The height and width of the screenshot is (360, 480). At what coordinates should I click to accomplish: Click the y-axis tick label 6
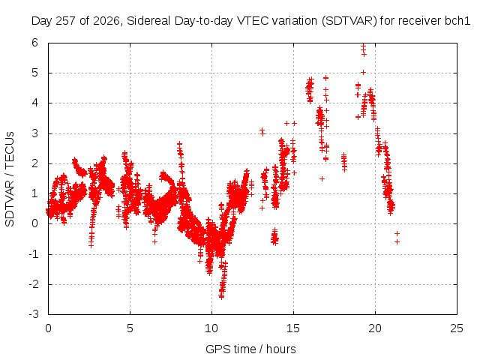(34, 43)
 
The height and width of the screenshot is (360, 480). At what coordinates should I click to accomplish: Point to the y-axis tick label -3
(34, 314)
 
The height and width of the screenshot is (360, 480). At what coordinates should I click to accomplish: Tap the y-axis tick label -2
(34, 284)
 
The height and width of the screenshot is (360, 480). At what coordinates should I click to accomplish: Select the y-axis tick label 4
(34, 103)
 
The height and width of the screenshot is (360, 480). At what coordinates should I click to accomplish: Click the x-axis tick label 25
(457, 328)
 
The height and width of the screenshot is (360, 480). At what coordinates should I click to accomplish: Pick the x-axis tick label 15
(293, 328)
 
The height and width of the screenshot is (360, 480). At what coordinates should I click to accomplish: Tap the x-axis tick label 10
(211, 328)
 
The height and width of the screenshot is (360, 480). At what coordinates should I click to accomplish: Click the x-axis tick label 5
(130, 328)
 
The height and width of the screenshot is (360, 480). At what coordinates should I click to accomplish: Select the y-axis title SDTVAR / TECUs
(10, 179)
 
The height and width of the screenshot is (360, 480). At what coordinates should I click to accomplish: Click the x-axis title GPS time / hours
(250, 349)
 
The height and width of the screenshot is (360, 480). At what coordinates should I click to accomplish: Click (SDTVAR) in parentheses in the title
(349, 21)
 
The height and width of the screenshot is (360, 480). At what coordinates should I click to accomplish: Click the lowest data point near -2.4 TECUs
(221, 297)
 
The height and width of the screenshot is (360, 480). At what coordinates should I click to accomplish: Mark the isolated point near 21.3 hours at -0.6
(397, 241)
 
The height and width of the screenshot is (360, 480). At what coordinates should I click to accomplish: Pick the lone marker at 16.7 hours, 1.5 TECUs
(322, 178)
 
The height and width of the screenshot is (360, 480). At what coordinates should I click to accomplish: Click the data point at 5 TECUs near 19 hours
(363, 73)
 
